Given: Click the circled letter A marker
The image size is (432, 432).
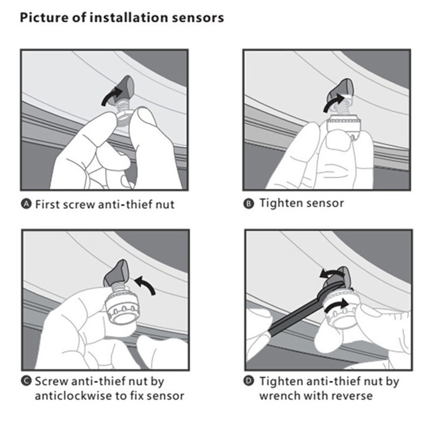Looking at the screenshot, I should click(26, 204).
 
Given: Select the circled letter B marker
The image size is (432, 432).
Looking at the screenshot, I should click(249, 203).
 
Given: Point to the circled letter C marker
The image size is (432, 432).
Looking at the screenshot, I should click(26, 382).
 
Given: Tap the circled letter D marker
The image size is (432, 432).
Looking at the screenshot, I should click(249, 382).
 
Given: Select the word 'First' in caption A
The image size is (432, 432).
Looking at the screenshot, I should click(47, 204).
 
